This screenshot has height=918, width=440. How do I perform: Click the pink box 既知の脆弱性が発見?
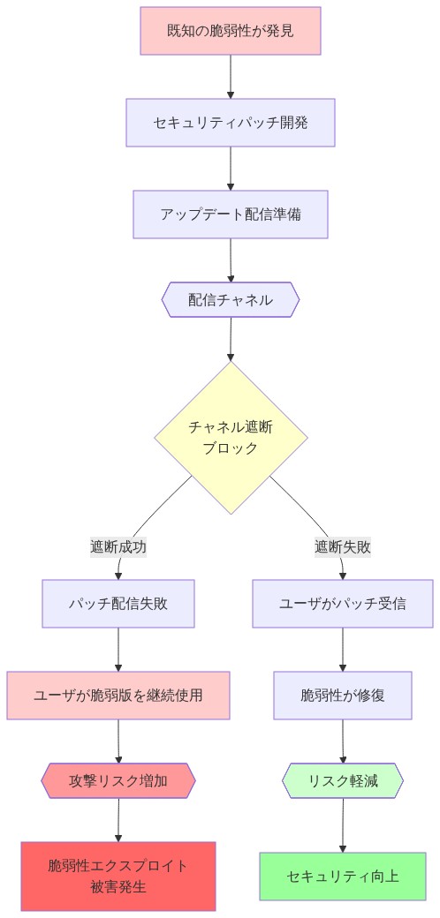(x=230, y=31)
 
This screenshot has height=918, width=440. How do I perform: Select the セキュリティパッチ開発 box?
(x=230, y=122)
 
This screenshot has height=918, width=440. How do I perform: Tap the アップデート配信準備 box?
(x=230, y=214)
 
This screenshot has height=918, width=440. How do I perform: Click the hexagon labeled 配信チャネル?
(x=230, y=300)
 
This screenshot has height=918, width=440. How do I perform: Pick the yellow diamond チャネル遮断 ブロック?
(x=231, y=437)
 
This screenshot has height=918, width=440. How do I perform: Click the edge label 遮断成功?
(x=118, y=546)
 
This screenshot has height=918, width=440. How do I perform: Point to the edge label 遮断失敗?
(x=343, y=546)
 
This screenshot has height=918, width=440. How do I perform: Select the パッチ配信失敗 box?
(x=118, y=604)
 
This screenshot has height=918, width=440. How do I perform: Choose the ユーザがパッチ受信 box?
(x=343, y=604)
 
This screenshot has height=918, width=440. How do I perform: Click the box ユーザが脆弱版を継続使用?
(x=118, y=696)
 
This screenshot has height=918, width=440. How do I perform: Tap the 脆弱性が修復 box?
(x=343, y=696)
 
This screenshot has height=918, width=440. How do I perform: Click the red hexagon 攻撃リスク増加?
(x=118, y=781)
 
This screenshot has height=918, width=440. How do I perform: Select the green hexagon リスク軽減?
(x=343, y=781)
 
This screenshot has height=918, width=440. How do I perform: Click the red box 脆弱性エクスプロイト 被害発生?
(x=118, y=876)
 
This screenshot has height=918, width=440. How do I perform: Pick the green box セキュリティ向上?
(x=343, y=876)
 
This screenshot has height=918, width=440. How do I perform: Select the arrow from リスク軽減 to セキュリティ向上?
(x=343, y=824)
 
